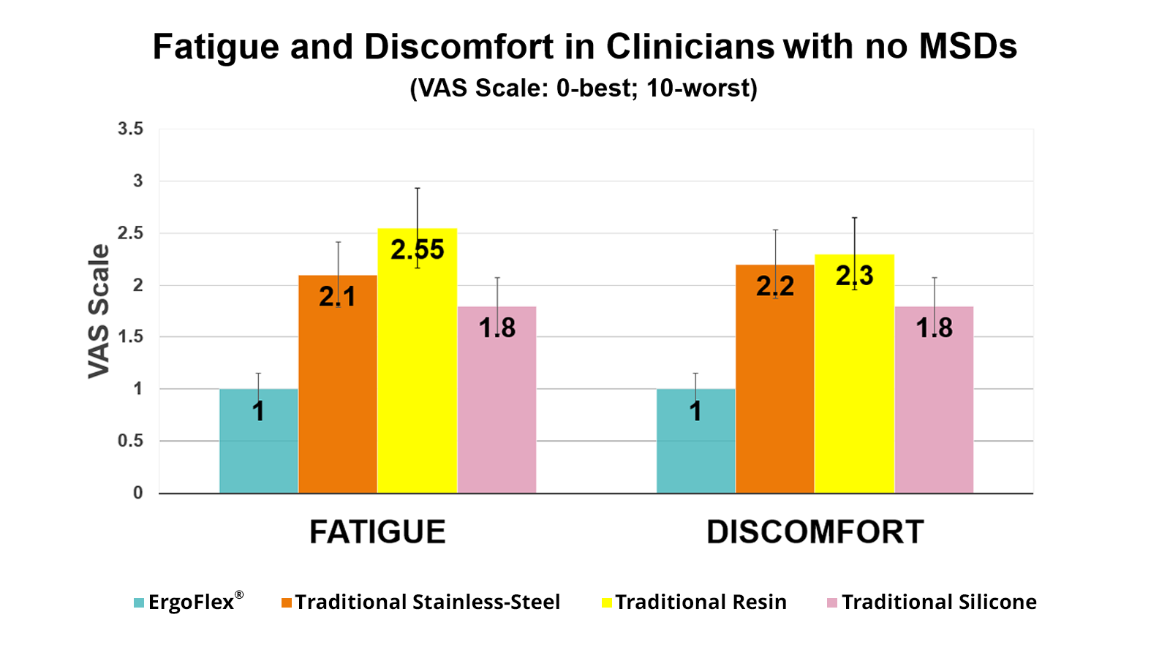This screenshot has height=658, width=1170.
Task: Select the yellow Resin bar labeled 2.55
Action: [417, 366]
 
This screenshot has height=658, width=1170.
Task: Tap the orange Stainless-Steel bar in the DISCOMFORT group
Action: [774, 387]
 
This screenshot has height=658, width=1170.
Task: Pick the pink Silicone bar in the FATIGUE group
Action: [497, 409]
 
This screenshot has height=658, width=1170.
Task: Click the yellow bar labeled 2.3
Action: [854, 380]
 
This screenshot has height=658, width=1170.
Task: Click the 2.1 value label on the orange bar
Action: [337, 297]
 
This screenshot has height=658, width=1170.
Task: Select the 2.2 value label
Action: [774, 286]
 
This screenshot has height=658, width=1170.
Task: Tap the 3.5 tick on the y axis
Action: [130, 129]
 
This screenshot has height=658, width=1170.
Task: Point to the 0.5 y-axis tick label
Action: [130, 441]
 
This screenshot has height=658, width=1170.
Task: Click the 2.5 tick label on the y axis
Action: [130, 233]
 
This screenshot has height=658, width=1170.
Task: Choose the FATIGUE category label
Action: [377, 532]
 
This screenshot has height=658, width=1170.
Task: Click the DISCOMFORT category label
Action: [815, 532]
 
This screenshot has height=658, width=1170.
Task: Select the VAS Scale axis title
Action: [99, 311]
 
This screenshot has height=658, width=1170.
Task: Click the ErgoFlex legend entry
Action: [191, 602]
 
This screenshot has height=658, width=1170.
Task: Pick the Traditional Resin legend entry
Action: [701, 602]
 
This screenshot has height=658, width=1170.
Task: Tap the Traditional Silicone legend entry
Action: [938, 602]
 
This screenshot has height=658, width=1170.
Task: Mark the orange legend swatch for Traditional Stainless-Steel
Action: [287, 603]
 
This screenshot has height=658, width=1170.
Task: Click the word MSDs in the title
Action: [967, 47]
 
